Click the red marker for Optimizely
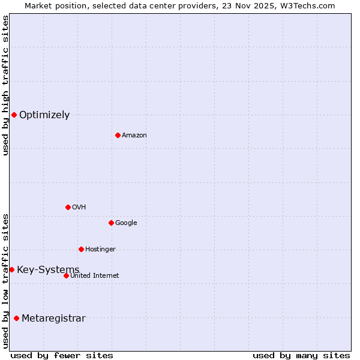(14, 115)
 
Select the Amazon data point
(118, 135)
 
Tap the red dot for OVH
(68, 207)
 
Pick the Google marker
(111, 223)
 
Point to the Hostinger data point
(81, 249)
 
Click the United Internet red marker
(66, 275)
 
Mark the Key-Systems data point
(11, 269)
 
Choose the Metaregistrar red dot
(16, 318)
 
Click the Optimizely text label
(44, 115)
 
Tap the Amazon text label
(134, 135)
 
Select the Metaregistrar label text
(53, 318)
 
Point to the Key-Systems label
(48, 269)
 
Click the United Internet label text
(95, 275)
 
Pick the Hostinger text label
(100, 249)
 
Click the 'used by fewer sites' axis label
(62, 355)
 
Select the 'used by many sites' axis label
(301, 355)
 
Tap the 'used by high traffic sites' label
(5, 85)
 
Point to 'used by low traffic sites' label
(5, 280)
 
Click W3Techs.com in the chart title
(307, 5)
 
